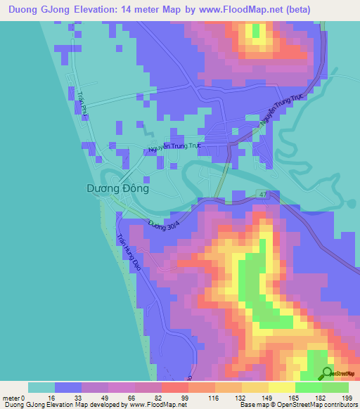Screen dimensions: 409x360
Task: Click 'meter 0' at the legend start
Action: pos(15,398)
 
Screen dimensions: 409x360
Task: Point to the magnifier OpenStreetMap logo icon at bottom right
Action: pos(328,373)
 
